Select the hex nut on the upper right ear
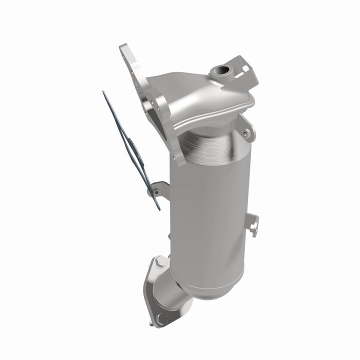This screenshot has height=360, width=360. (x=246, y=132)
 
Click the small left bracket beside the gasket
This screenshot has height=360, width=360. (x=159, y=189)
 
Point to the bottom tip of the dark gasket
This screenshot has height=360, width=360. (x=158, y=208)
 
